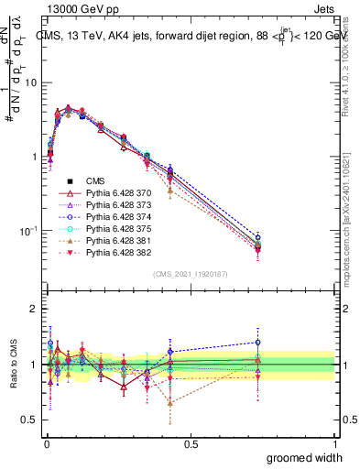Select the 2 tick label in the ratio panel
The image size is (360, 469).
click(x=34, y=309)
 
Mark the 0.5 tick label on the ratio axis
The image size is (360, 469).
click(x=30, y=420)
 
